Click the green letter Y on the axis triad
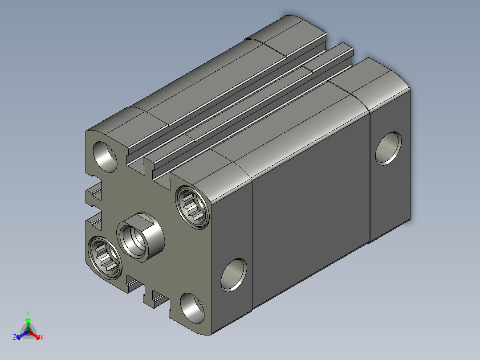(28, 313)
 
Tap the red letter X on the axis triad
(42, 337)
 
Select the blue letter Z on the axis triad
(15, 337)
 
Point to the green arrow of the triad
(28, 324)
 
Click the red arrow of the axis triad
(34, 335)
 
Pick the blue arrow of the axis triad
(22, 335)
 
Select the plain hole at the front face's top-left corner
(105, 156)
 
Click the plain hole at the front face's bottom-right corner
(192, 308)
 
